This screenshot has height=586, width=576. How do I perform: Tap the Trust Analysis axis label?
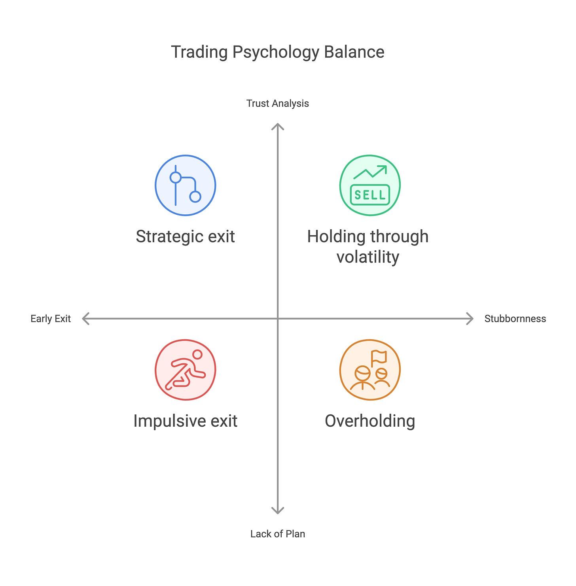(277, 104)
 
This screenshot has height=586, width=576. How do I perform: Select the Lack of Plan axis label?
(277, 534)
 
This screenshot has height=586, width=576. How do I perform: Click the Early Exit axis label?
(51, 319)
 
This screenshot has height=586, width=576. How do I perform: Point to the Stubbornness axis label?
(515, 319)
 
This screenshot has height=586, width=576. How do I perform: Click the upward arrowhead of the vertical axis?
(278, 126)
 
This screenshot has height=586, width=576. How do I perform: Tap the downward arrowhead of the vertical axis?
(278, 511)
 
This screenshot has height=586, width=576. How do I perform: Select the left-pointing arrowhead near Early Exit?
(85, 319)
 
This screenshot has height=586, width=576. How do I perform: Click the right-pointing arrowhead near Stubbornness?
(471, 319)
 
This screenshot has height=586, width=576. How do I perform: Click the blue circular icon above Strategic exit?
(185, 185)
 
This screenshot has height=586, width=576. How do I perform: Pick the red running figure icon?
(185, 370)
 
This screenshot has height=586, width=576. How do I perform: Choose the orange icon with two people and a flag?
(370, 370)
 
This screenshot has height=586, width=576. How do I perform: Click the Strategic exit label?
(185, 236)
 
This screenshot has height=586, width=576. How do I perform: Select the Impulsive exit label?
(185, 421)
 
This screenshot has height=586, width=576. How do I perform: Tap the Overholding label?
(370, 421)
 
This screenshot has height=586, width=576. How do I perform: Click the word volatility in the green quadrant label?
(368, 257)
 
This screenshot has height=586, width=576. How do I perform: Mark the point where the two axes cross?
(278, 319)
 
